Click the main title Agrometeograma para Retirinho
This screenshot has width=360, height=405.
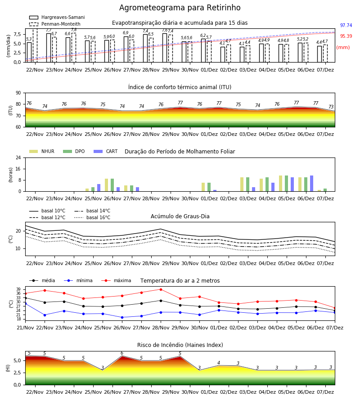pos(180,8)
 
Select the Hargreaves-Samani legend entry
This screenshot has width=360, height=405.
pos(57,17)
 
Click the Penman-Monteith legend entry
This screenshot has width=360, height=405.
pos(55,24)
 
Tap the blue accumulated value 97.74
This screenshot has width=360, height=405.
pos(346,25)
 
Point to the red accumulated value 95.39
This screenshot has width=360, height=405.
pos(346,36)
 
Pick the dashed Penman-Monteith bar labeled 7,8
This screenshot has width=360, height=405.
pos(74,48)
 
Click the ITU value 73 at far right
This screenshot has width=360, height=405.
pos(331,107)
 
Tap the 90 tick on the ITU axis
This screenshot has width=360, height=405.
pos(18,93)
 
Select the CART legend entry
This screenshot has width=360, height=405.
pos(106,151)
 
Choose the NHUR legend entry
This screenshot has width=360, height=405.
pos(42,151)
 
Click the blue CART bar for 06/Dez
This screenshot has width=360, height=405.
pos(312,184)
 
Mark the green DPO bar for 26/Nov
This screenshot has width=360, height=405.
pos(112,185)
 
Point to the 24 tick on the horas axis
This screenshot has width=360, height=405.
pos(18,158)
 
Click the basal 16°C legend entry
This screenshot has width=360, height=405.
pos(92,217)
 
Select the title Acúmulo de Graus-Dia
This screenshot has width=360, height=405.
pos(180,216)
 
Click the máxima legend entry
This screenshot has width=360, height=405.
pos(117,280)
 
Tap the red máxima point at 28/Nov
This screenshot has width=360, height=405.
pos(161,289)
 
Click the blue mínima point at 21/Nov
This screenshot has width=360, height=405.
pos(25,303)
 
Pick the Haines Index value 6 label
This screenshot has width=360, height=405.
pos(122,353)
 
